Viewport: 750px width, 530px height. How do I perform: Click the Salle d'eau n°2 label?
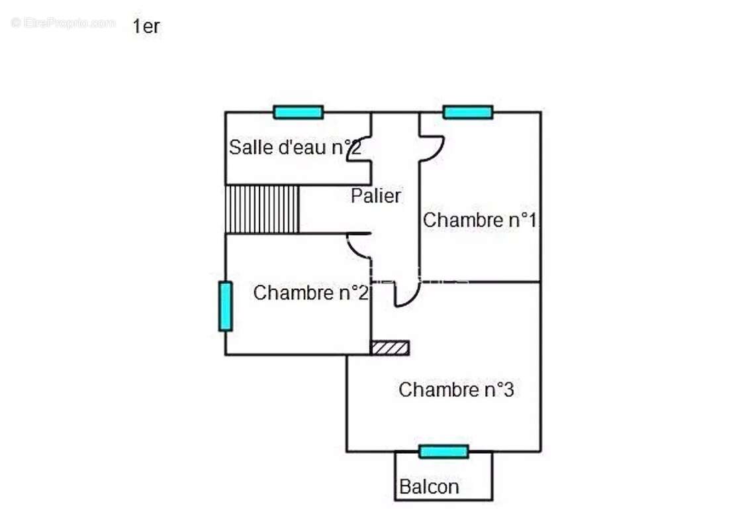click(295, 148)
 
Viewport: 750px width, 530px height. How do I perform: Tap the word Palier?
click(376, 196)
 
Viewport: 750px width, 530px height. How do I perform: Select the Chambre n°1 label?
click(479, 220)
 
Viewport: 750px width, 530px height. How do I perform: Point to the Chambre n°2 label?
click(310, 292)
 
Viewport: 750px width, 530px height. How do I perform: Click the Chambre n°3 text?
click(456, 390)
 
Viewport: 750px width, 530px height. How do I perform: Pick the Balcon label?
click(429, 488)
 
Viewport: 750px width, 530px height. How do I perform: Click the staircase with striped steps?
click(263, 209)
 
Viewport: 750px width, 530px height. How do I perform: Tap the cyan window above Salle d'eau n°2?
click(299, 112)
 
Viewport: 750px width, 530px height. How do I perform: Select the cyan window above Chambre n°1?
click(468, 112)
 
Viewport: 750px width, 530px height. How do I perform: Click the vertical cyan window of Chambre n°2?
click(226, 306)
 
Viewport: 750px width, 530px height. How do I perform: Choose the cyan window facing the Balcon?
click(444, 452)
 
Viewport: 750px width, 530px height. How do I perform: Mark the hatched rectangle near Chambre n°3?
click(389, 348)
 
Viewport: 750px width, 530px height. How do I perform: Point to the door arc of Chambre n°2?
click(358, 245)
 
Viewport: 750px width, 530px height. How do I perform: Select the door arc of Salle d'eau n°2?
click(359, 149)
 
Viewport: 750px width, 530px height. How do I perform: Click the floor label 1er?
click(146, 27)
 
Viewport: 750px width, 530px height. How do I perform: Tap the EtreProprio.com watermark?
click(64, 23)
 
